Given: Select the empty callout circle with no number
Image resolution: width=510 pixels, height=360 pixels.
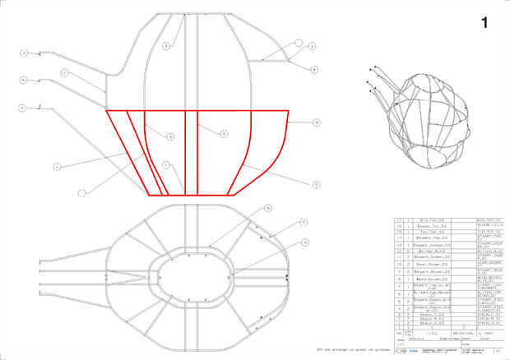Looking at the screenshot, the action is point(299,42).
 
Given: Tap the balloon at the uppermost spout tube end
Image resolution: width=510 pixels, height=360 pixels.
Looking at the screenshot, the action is point(24,53).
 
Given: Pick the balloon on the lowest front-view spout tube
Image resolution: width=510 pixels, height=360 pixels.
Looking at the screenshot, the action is point(24,107).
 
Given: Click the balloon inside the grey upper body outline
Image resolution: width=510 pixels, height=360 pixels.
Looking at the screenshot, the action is point(165,47).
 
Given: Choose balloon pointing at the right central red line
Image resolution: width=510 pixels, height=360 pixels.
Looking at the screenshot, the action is point(223,132).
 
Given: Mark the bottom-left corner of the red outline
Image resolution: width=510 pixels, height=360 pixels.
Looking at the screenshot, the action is point(148,195).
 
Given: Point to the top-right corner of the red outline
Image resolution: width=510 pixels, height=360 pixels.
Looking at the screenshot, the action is point(288,110).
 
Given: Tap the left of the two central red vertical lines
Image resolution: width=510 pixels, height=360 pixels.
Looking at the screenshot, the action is point(185,152).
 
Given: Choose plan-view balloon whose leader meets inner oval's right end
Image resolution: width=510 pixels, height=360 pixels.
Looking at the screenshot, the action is point(305,242).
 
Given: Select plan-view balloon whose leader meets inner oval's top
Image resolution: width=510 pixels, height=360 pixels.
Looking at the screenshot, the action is point(267,210).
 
